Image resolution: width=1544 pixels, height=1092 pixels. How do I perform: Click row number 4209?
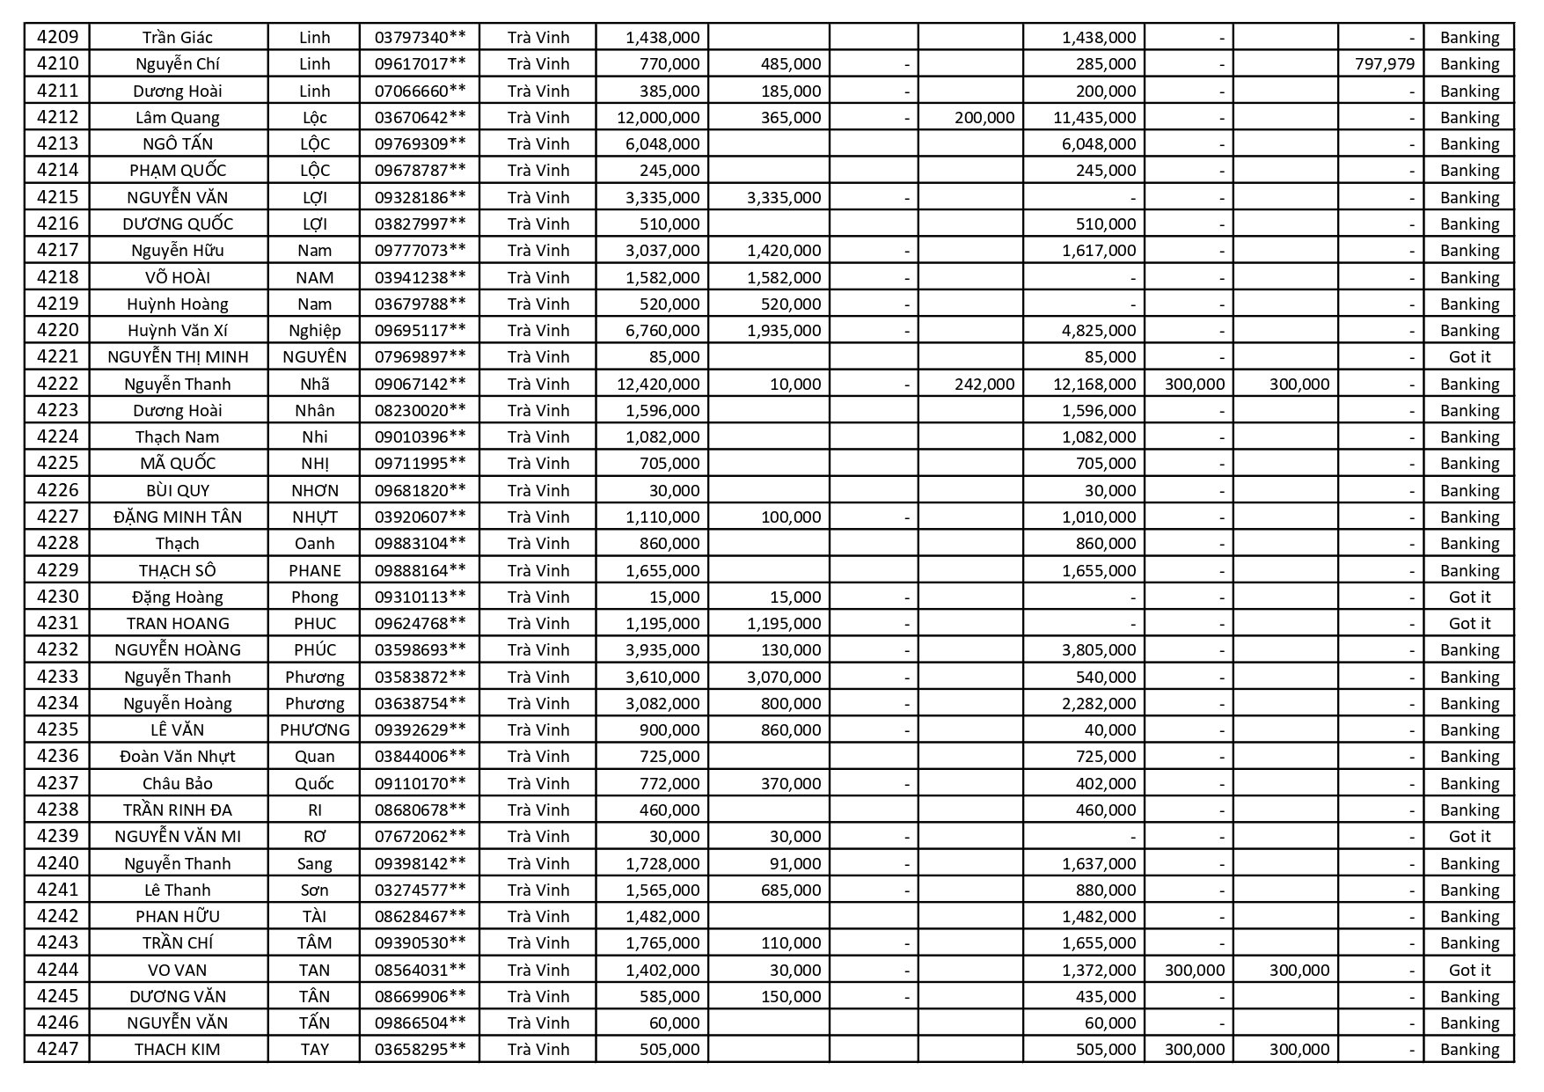(x=57, y=37)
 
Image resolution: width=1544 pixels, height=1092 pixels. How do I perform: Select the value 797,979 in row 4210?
(x=1385, y=63)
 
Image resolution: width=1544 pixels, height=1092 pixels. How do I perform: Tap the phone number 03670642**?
(x=420, y=117)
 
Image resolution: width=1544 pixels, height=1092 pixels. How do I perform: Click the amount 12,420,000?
(x=662, y=384)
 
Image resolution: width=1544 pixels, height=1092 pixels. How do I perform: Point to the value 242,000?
(x=984, y=384)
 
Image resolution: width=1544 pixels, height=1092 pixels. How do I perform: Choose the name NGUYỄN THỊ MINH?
(x=178, y=356)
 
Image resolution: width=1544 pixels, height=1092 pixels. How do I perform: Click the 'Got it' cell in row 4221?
(x=1469, y=356)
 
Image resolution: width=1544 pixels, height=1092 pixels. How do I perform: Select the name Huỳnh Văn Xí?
(x=178, y=330)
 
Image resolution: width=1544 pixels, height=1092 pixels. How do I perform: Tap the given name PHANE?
(x=314, y=570)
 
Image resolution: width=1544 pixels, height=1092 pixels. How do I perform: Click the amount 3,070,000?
(x=783, y=677)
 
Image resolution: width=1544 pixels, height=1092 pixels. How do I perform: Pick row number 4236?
(x=57, y=756)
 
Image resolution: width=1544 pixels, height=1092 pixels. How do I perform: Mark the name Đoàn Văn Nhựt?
(x=178, y=756)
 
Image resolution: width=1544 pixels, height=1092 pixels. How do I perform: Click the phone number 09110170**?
(x=420, y=783)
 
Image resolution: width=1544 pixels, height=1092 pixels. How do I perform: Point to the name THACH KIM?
(x=178, y=1049)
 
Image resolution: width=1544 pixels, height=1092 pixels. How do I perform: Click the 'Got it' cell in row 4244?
(x=1469, y=970)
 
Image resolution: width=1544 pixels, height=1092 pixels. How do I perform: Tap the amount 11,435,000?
(x=1099, y=117)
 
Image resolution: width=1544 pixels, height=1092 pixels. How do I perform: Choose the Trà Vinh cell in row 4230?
(x=538, y=597)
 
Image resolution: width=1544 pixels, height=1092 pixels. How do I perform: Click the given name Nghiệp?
(x=314, y=330)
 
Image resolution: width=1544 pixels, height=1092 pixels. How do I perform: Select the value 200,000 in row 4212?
(x=984, y=117)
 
